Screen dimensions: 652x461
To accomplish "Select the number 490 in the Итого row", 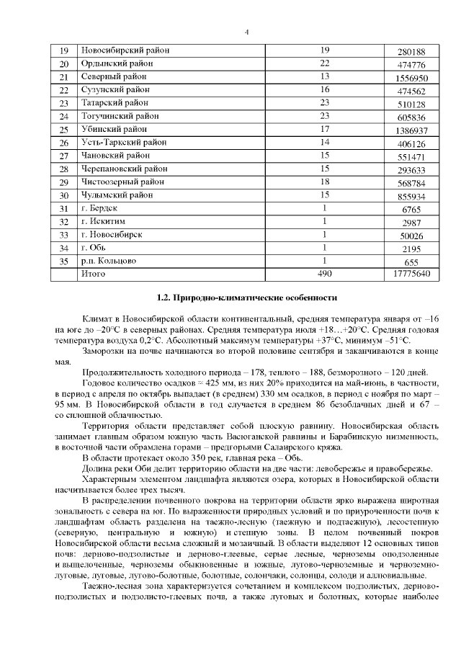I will coord(325,274).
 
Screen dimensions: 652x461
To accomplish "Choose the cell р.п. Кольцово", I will coord(109,260).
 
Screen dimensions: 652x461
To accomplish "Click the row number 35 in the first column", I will coord(63,261).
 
